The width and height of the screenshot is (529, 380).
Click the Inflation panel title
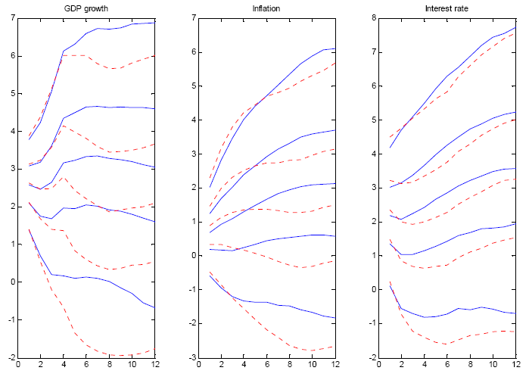click(264, 8)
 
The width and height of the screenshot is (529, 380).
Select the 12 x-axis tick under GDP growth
click(155, 365)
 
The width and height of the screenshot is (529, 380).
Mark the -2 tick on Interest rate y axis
click(371, 357)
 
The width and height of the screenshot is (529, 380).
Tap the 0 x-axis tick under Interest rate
click(378, 365)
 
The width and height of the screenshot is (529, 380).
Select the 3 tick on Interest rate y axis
click(373, 187)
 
